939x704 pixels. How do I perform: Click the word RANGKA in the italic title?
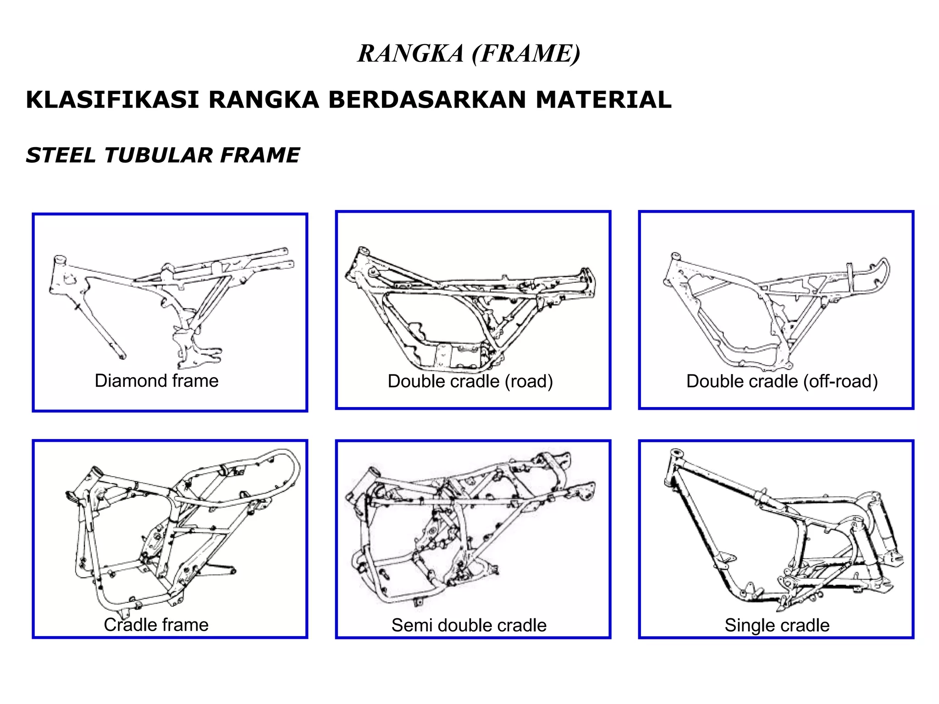411,54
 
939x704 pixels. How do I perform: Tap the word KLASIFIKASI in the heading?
112,100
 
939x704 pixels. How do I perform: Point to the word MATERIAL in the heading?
603,100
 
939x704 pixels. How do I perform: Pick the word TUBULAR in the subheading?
158,155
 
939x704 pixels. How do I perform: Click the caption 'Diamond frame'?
156,381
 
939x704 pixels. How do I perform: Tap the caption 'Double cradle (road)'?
470,381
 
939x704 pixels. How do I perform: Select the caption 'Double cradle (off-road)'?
782,381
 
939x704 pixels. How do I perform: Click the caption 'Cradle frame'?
156,625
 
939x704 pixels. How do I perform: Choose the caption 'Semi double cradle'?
469,625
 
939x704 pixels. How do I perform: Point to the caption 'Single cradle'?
777,625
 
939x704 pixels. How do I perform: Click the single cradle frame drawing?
779,532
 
